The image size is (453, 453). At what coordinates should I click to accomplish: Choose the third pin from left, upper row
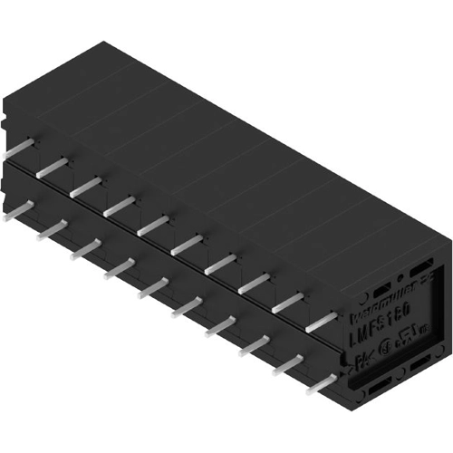(x=85, y=185)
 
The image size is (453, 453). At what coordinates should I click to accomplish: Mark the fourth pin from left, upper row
(x=119, y=205)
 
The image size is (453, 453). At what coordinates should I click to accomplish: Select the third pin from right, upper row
(x=255, y=283)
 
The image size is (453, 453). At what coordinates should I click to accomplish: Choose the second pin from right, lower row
(x=289, y=364)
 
